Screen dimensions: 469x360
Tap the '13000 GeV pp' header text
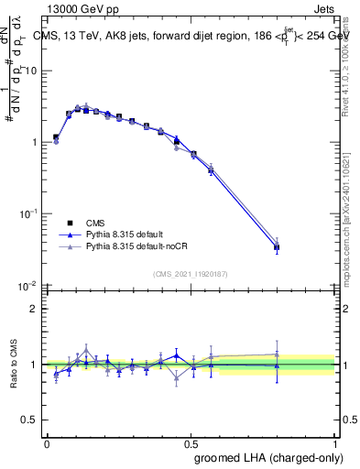pyautogui.click(x=82, y=7)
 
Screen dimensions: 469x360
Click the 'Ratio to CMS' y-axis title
pyautogui.click(x=12, y=365)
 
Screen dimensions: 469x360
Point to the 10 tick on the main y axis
pyautogui.click(x=32, y=71)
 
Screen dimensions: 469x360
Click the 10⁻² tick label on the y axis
pyautogui.click(x=29, y=285)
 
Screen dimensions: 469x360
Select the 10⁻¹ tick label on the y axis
pyautogui.click(x=29, y=213)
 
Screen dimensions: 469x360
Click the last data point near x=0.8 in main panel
pyautogui.click(x=277, y=247)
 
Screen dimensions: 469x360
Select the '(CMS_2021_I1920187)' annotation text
pyautogui.click(x=191, y=274)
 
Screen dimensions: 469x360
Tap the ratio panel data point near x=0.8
pyautogui.click(x=277, y=365)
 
